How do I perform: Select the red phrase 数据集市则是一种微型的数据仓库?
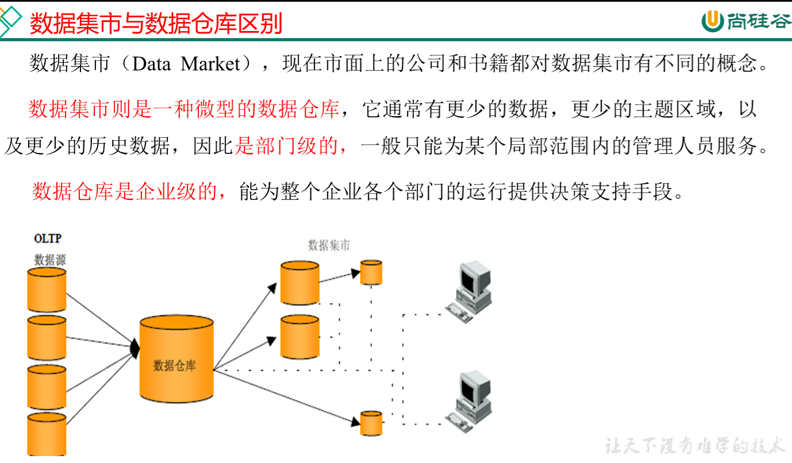coord(184,109)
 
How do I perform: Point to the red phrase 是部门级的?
coord(292,146)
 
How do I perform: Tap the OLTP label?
coord(48,238)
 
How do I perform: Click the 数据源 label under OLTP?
coord(50,260)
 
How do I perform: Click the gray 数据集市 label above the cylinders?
coord(329,245)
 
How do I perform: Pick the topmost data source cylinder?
coord(47,290)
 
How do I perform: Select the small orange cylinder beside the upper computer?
coord(371,272)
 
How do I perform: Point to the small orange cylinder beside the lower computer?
coord(371,423)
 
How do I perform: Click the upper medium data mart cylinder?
coord(299,283)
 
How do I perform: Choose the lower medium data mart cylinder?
coord(299,337)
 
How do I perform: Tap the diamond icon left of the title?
coord(10,21)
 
